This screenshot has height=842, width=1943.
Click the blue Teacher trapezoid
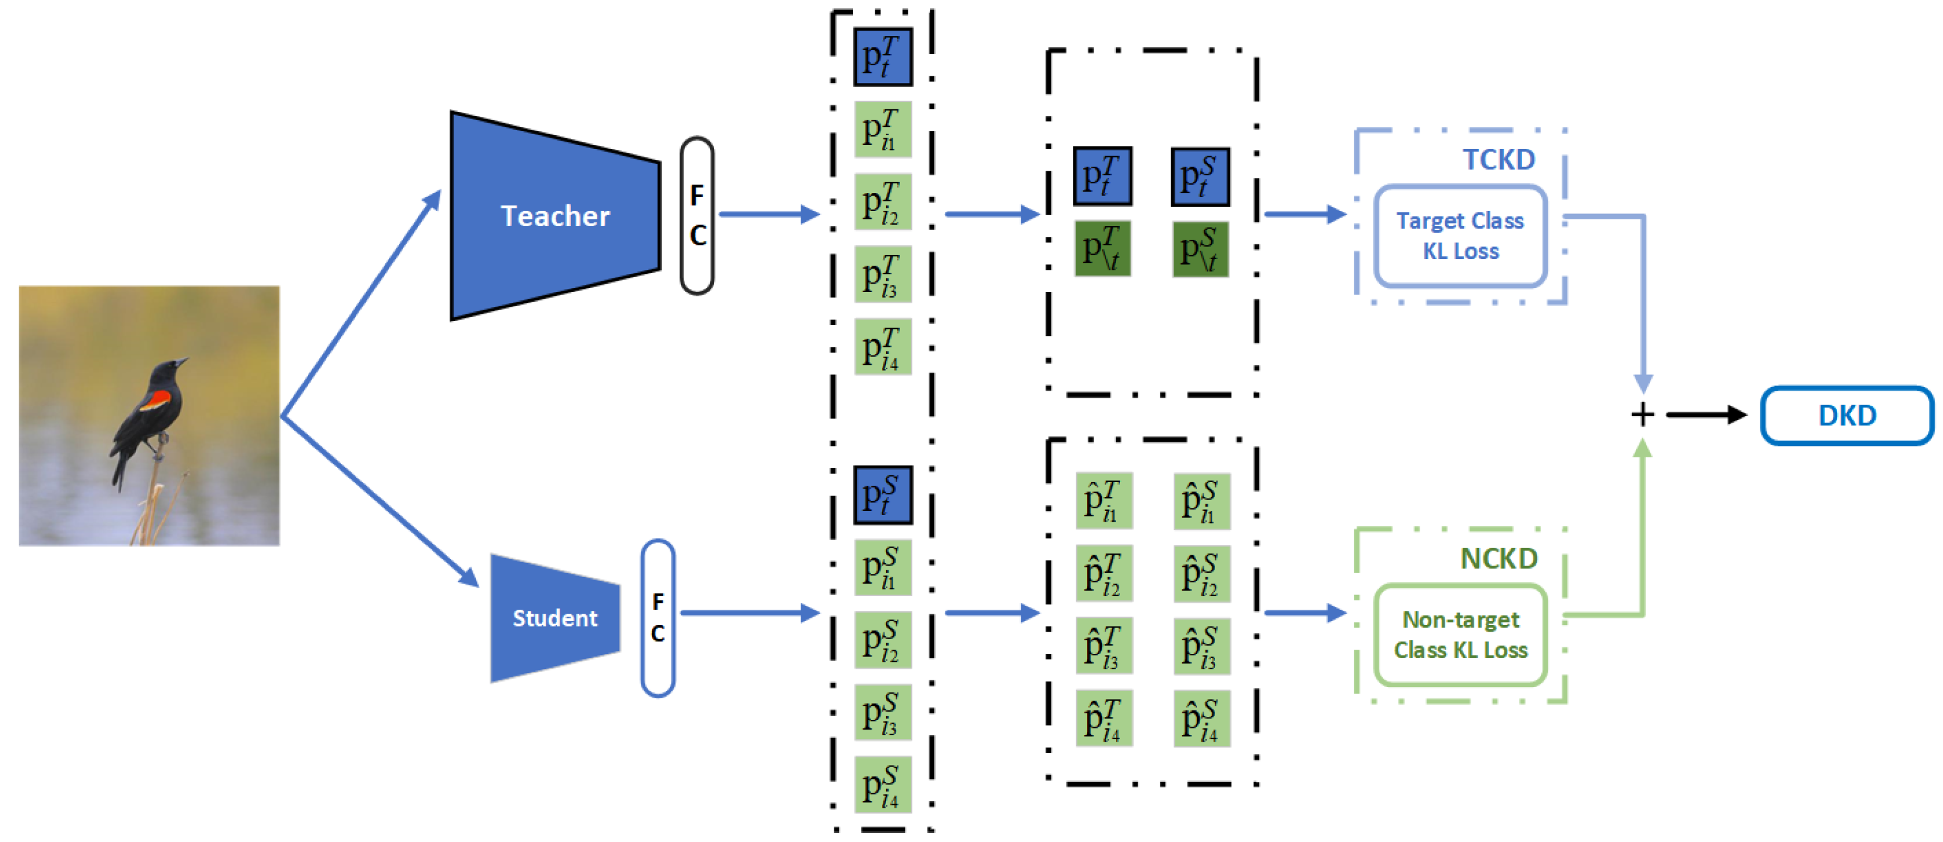tap(555, 216)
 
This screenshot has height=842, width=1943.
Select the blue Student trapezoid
tap(555, 618)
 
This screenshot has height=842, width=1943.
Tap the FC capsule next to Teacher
tap(697, 216)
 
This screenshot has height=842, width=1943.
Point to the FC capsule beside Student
tap(657, 618)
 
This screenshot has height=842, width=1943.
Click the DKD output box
tap(1847, 415)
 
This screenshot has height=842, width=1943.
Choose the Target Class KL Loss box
tap(1461, 236)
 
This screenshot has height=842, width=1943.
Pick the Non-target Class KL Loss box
tap(1461, 635)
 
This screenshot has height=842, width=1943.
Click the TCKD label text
tap(1498, 159)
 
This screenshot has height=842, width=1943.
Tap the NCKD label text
tap(1498, 558)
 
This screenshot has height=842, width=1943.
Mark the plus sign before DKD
tap(1642, 415)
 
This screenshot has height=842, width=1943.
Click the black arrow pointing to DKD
tap(1706, 415)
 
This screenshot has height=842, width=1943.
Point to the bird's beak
tap(182, 362)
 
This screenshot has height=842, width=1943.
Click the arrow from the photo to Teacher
tap(360, 302)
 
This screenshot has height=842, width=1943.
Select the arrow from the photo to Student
tap(380, 501)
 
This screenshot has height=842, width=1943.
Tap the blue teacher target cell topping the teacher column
tap(882, 57)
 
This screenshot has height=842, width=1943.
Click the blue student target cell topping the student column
tap(882, 495)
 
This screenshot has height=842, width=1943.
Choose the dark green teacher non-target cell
tap(1102, 249)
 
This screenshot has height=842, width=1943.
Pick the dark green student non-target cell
tap(1200, 249)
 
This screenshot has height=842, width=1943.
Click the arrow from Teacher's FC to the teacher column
tap(769, 214)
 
